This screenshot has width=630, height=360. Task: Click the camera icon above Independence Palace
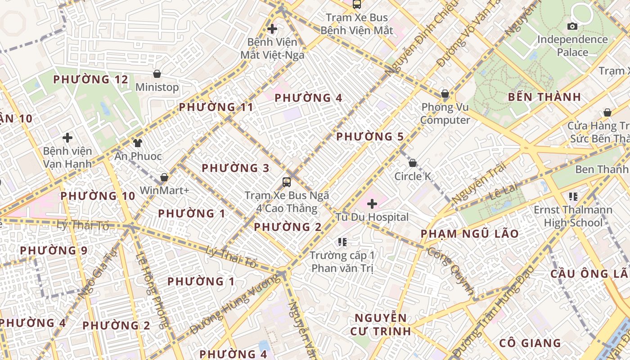pyautogui.click(x=572, y=26)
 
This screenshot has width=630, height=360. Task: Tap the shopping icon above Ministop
pyautogui.click(x=157, y=74)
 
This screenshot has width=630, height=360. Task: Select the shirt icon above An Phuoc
pyautogui.click(x=138, y=143)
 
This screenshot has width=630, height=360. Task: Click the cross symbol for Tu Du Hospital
pyautogui.click(x=372, y=204)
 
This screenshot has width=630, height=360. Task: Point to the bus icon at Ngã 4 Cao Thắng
pyautogui.click(x=287, y=182)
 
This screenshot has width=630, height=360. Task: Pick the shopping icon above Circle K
pyautogui.click(x=413, y=163)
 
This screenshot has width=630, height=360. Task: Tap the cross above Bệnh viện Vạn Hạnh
pyautogui.click(x=67, y=137)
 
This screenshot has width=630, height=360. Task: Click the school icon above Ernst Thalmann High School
pyautogui.click(x=573, y=196)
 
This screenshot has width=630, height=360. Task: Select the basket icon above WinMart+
pyautogui.click(x=164, y=177)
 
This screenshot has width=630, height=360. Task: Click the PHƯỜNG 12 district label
pyautogui.click(x=90, y=80)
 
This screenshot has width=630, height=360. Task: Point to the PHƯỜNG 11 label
pyautogui.click(x=216, y=107)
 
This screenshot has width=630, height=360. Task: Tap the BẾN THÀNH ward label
pyautogui.click(x=544, y=97)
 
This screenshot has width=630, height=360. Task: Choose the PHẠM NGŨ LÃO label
pyautogui.click(x=469, y=234)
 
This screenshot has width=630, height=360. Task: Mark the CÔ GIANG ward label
pyautogui.click(x=530, y=343)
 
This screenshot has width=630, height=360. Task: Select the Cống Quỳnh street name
pyautogui.click(x=450, y=270)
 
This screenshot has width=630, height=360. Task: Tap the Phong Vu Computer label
pyautogui.click(x=445, y=113)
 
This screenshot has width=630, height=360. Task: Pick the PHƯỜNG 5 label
pyautogui.click(x=369, y=136)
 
